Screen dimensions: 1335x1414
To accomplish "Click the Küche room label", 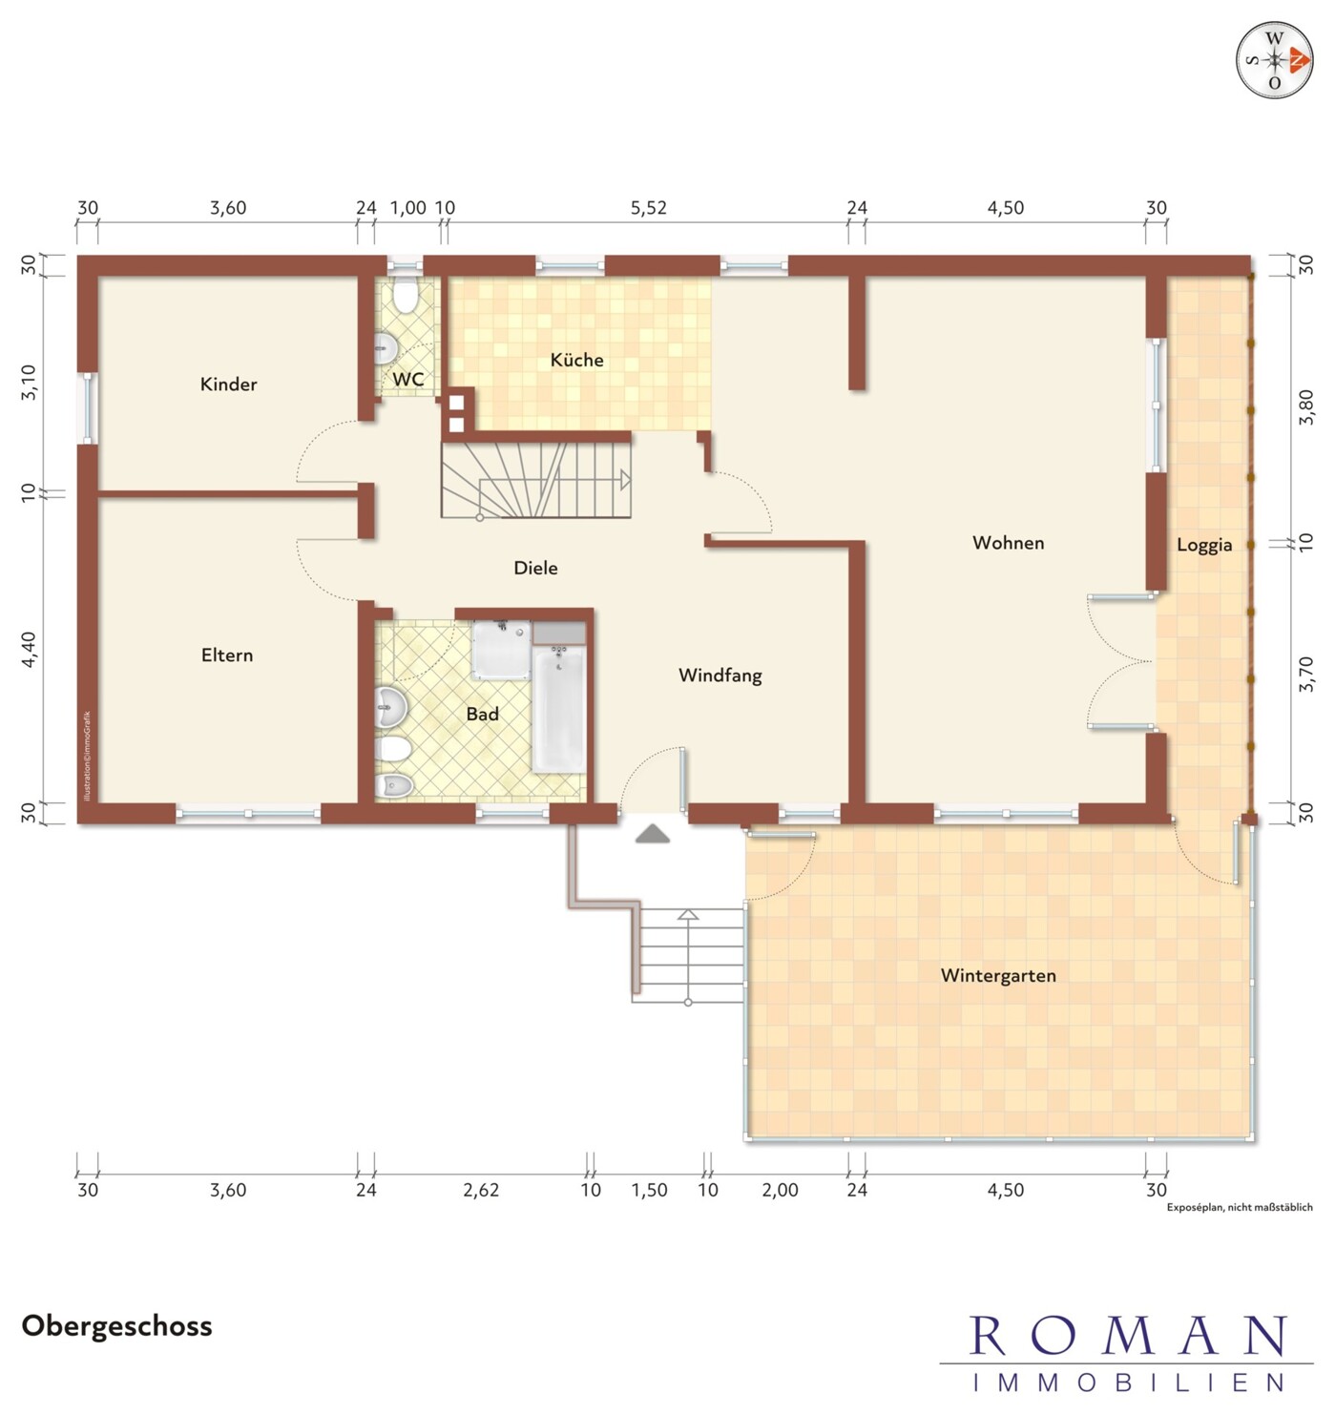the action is point(576,360).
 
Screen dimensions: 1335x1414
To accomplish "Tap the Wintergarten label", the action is point(998,975).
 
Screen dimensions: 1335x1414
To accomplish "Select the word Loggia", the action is point(1204,545).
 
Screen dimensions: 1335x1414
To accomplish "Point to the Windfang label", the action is point(720,675).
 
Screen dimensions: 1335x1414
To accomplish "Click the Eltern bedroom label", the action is point(226,655).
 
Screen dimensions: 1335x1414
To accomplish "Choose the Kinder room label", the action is point(228,384).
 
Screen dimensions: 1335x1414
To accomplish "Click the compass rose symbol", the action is point(1275,60).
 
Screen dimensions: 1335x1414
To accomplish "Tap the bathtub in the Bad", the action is point(559,708).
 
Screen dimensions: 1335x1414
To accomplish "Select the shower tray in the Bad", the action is point(502,650).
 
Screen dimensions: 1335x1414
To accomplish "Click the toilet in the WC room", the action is point(406,296).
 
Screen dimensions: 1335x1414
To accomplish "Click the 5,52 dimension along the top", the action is point(648,207).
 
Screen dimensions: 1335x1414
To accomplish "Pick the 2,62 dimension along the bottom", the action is point(481,1190).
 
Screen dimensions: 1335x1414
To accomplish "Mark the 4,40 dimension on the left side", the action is point(28,649).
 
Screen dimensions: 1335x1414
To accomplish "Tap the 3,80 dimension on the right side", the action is point(1305,407).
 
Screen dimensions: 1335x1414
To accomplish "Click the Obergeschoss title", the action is point(116,1326).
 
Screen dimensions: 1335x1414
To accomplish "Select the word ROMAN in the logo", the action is point(1127,1336).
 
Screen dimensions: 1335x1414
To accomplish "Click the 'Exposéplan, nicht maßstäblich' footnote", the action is point(1240,1207).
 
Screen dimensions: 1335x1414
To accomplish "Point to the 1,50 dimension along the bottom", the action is point(649,1190).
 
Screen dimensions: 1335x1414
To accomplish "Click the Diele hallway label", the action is point(535,568).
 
